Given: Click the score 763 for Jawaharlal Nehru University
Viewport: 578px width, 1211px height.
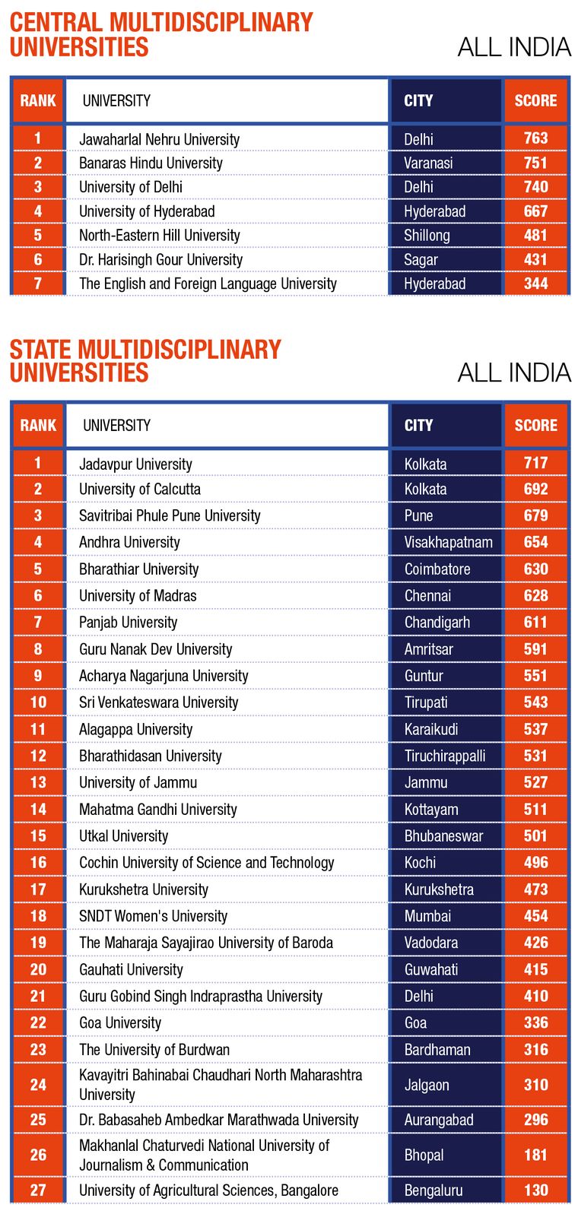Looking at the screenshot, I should pos(535,138).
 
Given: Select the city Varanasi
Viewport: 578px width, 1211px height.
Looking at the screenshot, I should pos(428,163).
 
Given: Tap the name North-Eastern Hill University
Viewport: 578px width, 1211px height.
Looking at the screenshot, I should pos(159,236).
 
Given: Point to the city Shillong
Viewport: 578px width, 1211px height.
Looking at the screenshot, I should pos(427,236).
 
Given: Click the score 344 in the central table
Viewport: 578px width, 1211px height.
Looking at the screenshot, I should pos(535,284).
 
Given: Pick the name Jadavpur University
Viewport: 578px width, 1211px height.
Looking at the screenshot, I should pos(135,464).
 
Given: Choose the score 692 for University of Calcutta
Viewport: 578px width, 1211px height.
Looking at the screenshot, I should pos(535,489).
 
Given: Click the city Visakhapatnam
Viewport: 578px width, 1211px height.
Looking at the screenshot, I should pos(448,542).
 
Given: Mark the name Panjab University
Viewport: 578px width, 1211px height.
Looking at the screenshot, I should pos(128,623).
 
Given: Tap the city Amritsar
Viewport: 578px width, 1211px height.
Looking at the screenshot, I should pos(428,649).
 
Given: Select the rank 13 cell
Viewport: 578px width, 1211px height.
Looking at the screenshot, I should pos(38,782).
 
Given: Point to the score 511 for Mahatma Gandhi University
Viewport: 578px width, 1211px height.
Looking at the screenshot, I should pos(535,810).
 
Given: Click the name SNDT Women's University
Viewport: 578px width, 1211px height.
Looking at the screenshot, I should pos(153,916).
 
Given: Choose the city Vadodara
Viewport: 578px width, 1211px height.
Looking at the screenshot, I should pos(430,943).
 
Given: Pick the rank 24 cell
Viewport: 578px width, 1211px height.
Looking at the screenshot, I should pos(38,1085).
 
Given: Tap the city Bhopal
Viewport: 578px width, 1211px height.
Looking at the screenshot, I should pos(424,1155).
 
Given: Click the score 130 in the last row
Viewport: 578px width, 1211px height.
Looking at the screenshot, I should pos(535,1190).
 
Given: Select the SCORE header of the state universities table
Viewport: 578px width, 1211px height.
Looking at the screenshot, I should pos(535,425).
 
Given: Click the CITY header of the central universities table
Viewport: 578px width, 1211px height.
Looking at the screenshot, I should pos(418,100).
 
